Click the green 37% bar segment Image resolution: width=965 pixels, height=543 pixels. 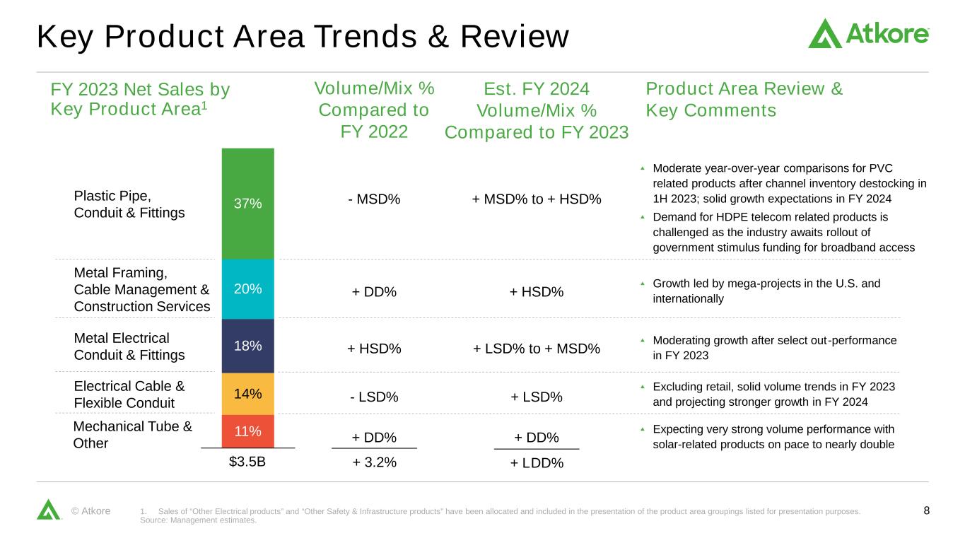[247, 204]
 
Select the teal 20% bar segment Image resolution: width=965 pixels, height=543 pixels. [247, 288]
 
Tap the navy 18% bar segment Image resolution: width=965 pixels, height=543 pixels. [247, 346]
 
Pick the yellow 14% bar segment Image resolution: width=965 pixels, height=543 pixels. [247, 393]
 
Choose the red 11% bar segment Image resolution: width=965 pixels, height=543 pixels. [247, 431]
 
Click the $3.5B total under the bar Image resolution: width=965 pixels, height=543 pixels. [247, 462]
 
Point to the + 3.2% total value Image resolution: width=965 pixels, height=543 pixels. [375, 462]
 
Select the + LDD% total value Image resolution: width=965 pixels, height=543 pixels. [537, 463]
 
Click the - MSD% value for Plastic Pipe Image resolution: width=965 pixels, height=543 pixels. [374, 199]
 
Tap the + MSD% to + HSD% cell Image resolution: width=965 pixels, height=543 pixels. [537, 199]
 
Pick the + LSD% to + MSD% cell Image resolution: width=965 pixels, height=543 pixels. [537, 349]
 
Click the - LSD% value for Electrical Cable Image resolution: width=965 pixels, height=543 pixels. [374, 397]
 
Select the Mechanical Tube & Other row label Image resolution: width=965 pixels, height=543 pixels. [132, 435]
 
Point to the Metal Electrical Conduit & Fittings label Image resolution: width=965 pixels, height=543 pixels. [129, 346]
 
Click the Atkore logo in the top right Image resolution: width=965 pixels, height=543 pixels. [868, 33]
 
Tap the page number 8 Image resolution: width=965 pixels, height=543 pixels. [927, 510]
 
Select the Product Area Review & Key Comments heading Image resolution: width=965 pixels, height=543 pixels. [744, 100]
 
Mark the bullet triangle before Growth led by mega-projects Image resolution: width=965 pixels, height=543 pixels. [643, 284]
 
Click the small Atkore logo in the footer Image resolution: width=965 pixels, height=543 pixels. [48, 509]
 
